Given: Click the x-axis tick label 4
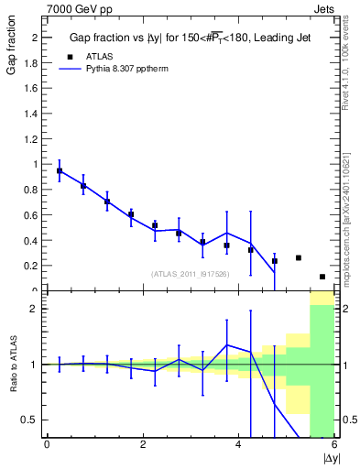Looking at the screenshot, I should click(x=238, y=445).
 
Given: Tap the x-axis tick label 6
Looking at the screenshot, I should click(x=334, y=445).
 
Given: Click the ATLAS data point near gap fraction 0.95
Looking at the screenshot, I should click(x=60, y=171).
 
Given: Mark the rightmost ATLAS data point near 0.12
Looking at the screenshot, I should click(x=322, y=277).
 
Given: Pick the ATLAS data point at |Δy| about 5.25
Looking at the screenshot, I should click(x=299, y=258).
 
